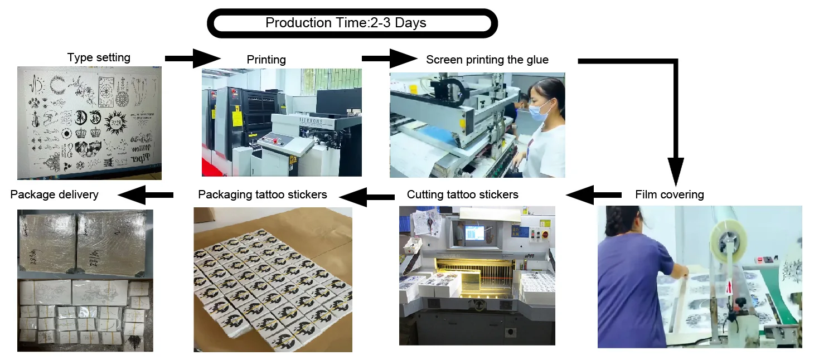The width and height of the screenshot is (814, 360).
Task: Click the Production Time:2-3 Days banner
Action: coord(352,23)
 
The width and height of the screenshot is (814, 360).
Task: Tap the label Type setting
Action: coord(99,57)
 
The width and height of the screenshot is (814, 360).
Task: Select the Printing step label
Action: coord(266,60)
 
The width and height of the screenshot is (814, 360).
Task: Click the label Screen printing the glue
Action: coord(487,60)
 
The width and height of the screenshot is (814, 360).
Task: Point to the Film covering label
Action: coord(669,194)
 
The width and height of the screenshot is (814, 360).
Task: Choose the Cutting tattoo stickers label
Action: coord(462,194)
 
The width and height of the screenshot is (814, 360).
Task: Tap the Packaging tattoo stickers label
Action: coord(262,194)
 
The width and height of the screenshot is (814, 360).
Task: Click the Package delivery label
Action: coord(54,194)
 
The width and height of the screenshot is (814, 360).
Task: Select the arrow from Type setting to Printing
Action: coord(192,57)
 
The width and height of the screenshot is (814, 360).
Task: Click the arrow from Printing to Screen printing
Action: coord(389,58)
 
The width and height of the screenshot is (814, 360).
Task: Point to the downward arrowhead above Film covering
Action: coord(676,170)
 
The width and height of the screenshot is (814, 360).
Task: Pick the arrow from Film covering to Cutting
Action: coord(593,195)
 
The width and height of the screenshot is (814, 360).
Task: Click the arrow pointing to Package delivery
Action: coord(145,194)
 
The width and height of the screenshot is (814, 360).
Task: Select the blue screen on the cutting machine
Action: coord(474,233)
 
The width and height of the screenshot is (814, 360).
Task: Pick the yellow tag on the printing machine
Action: coord(236,118)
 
